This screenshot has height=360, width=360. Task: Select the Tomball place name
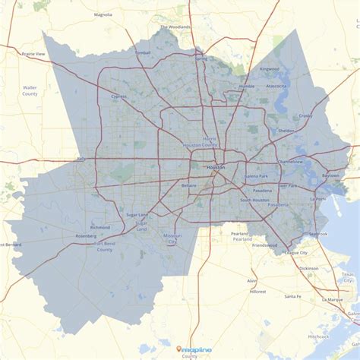pyautogui.click(x=144, y=52)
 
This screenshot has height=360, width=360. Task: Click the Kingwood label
pyautogui.click(x=270, y=69)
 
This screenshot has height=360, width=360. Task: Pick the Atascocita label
pyautogui.click(x=276, y=86)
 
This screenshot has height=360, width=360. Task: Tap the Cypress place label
pyautogui.click(x=119, y=96)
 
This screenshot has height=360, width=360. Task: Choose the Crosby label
pyautogui.click(x=305, y=115)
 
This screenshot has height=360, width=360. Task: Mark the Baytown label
pyautogui.click(x=331, y=175)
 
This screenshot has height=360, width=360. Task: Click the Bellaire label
pyautogui.click(x=190, y=185)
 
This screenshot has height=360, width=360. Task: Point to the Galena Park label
pyautogui.click(x=256, y=175)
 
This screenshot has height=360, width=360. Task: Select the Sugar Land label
pyautogui.click(x=137, y=215)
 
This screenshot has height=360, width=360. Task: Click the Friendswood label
pyautogui.click(x=265, y=245)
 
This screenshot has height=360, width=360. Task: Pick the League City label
pyautogui.click(x=295, y=252)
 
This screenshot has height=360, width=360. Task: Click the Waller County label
pyautogui.click(x=30, y=90)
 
